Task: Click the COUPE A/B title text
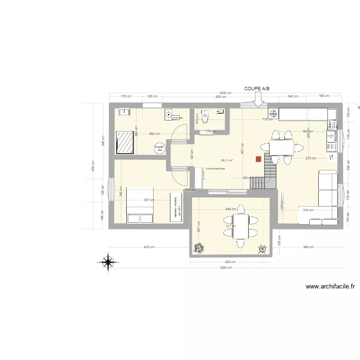coord(257,89)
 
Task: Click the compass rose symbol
coord(109,262)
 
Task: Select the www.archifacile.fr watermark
coord(330,287)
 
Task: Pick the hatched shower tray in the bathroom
coord(126,142)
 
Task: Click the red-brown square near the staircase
coord(259,159)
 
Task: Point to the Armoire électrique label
coord(215,169)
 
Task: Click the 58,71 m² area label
coord(227,161)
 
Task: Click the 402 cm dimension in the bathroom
coord(154,134)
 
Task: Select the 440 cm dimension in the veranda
coord(231,209)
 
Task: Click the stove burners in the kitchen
coord(273,114)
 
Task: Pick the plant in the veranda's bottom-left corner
coord(198,248)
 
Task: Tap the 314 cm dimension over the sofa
coord(308,210)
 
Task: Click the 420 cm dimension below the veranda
coord(231,262)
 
